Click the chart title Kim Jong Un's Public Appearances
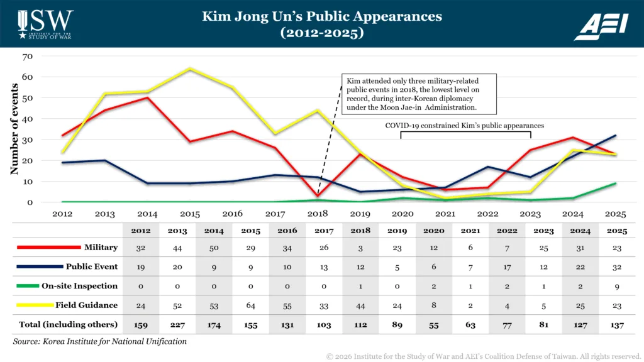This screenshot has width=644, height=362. click(321, 16)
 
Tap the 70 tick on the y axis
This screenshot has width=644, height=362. click(27, 57)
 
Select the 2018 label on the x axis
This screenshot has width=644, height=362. click(318, 214)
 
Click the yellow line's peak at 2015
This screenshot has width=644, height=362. click(190, 69)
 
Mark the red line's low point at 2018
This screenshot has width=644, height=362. click(318, 196)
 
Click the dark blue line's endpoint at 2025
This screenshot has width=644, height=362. click(616, 135)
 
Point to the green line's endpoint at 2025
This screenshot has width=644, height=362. click(616, 184)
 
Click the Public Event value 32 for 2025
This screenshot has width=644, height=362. click(617, 266)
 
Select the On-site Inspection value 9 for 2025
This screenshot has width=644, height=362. click(617, 286)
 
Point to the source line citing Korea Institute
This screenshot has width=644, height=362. click(99, 341)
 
